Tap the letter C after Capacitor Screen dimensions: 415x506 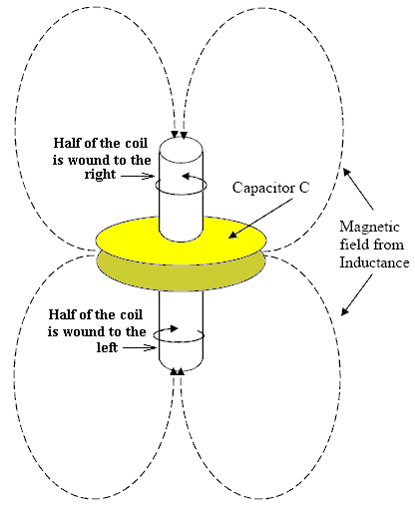[304, 188]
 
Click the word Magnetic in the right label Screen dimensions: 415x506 [369, 228]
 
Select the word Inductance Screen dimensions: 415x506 [374, 262]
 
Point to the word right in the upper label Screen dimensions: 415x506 [100, 175]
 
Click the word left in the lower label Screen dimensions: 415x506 [107, 347]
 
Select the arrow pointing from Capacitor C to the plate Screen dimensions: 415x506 [260, 219]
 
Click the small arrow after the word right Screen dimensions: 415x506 [138, 176]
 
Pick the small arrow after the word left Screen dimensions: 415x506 [140, 347]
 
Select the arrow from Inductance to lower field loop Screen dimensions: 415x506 [356, 294]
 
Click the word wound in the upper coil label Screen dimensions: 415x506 [89, 161]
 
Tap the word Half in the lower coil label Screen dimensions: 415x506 [60, 314]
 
